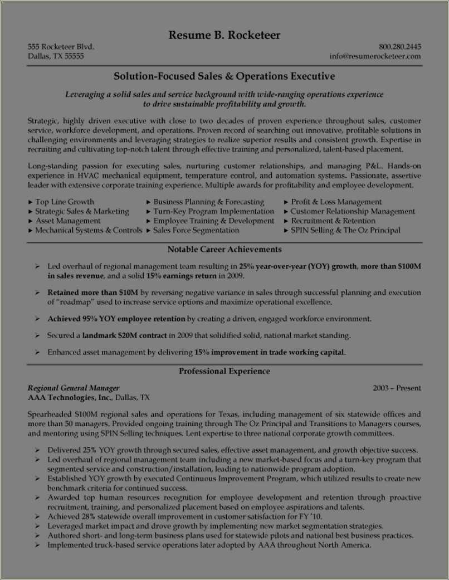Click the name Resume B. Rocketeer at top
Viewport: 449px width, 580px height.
224,35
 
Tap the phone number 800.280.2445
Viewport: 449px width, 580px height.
399,47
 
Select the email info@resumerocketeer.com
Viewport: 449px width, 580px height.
374,56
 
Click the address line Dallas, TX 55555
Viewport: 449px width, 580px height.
56,56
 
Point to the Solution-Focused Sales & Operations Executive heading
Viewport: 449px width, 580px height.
224,76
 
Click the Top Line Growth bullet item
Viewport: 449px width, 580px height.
64,202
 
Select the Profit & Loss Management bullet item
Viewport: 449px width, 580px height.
336,202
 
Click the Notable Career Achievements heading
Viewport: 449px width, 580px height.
224,249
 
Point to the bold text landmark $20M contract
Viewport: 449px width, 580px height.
124,335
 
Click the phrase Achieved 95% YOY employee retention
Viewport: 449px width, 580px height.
116,319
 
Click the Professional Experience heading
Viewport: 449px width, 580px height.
224,371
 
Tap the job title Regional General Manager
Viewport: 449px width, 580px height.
73,388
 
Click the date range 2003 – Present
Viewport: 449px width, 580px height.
397,388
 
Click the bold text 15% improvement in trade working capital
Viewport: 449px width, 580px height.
270,352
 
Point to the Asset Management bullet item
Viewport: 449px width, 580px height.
67,221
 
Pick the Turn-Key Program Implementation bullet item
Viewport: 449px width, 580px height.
213,211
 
